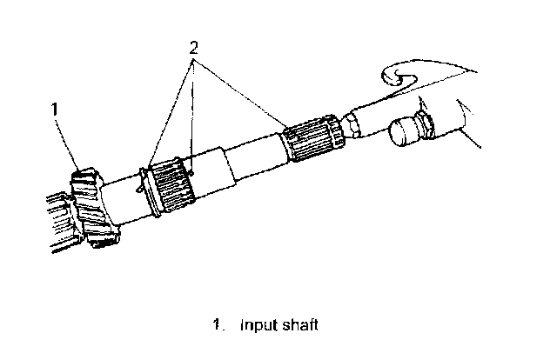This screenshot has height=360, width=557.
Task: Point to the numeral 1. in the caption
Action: pyautogui.click(x=218, y=326)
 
